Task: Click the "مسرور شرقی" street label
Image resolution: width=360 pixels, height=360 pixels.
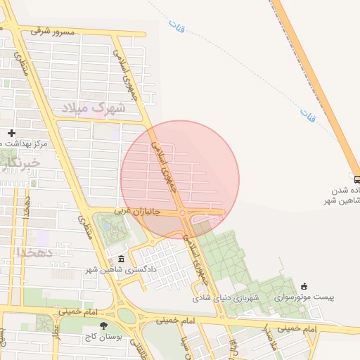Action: (x=51, y=31)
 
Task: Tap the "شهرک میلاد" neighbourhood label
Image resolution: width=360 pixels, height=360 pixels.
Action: (x=93, y=108)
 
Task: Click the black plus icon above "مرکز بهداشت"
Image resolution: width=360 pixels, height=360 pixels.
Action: (x=11, y=133)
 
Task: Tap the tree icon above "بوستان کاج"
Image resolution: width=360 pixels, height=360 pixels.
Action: (x=104, y=325)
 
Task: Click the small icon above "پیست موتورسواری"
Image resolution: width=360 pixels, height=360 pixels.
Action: (x=304, y=286)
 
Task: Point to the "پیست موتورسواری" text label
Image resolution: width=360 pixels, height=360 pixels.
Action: (x=304, y=297)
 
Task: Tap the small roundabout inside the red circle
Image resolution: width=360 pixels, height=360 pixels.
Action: (x=183, y=212)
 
